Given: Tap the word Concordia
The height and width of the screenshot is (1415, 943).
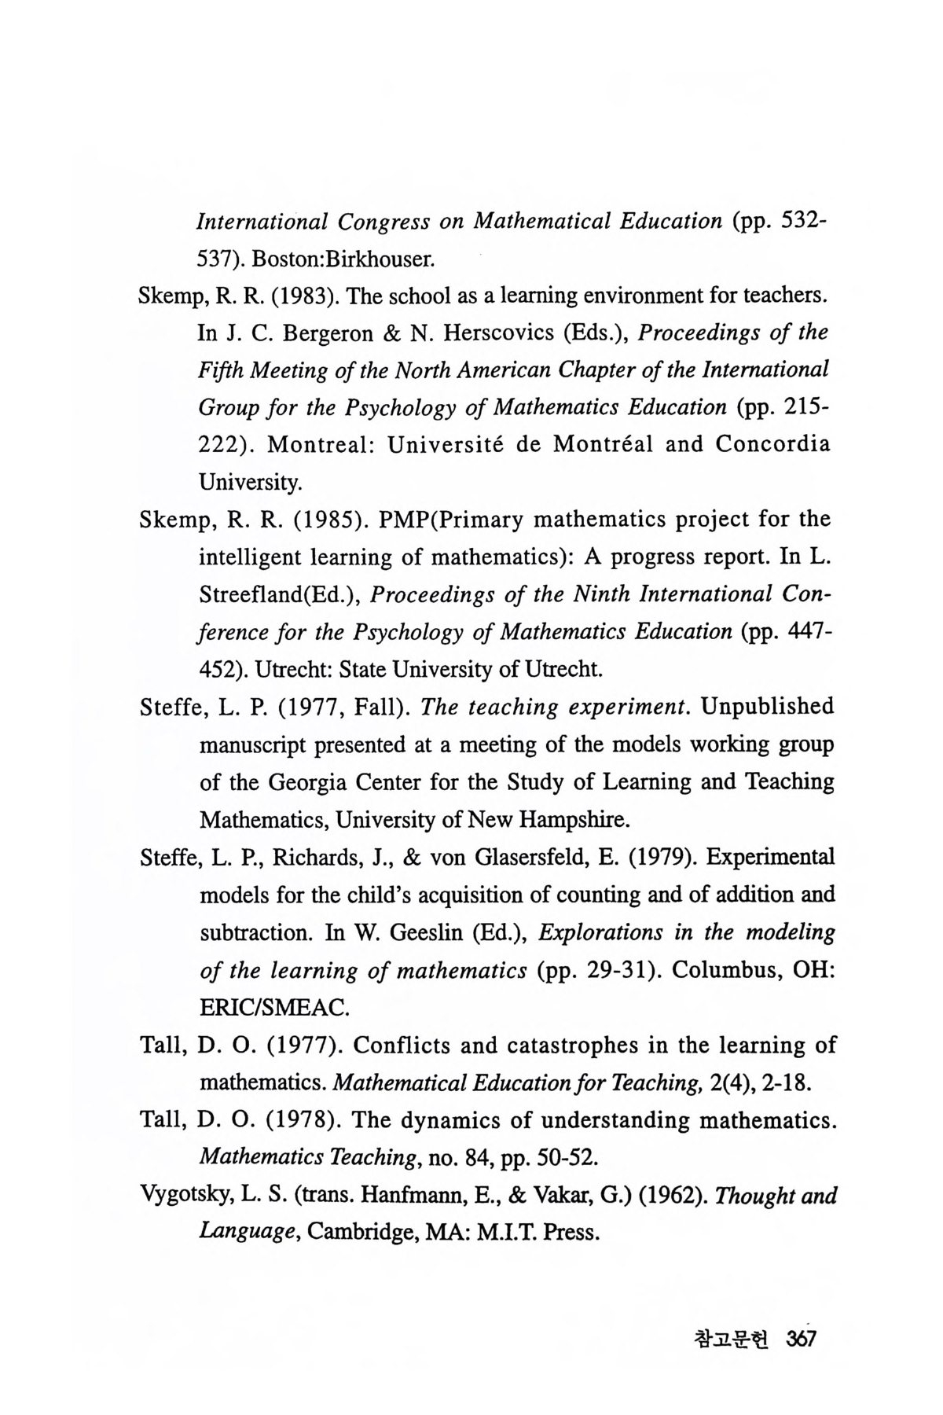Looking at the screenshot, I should (x=772, y=445).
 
